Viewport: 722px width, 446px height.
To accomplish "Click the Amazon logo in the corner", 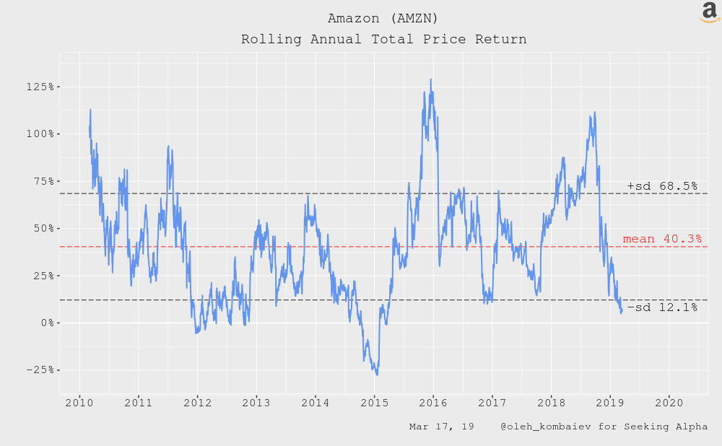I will (x=710, y=12).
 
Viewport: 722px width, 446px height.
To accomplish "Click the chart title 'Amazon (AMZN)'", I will (x=383, y=17).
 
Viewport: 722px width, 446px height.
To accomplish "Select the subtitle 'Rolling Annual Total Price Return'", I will (x=383, y=39).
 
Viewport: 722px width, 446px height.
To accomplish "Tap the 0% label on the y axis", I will (x=46, y=323).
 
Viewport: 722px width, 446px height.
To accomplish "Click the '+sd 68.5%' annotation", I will (x=662, y=186).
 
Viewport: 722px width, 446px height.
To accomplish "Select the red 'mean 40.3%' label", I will (x=661, y=239).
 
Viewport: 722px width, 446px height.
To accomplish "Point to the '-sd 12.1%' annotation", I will (x=662, y=308).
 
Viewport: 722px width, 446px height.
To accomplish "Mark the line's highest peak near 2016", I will (x=431, y=79).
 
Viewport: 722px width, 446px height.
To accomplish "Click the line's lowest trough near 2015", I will (x=377, y=375).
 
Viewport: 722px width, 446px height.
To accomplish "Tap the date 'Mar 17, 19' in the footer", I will (x=441, y=427).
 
